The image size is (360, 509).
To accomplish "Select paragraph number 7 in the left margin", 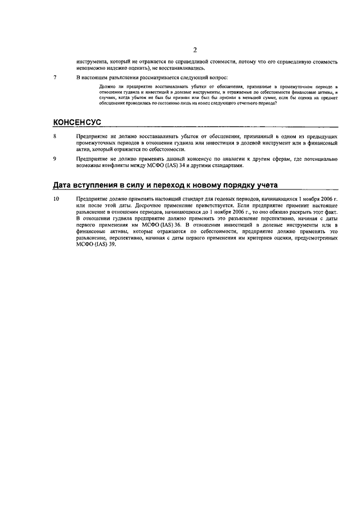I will coord(55,76).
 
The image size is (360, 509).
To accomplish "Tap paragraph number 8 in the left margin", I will coord(55,137).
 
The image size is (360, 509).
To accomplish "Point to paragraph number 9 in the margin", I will coord(55,159).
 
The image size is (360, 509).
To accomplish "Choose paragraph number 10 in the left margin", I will coord(56,200).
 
